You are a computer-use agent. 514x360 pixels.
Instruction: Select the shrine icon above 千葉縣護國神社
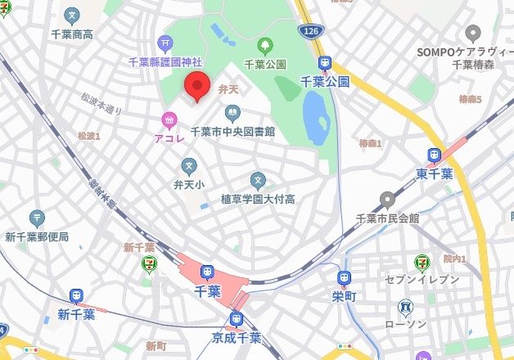click(x=166, y=42)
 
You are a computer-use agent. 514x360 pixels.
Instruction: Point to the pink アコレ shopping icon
click(x=169, y=121)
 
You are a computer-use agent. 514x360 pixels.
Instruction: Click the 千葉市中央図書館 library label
click(x=232, y=131)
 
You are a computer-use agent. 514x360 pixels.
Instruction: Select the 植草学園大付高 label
click(x=258, y=199)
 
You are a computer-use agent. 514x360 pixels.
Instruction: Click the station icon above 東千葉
click(x=434, y=155)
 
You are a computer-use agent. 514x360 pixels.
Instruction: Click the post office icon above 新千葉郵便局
click(x=37, y=218)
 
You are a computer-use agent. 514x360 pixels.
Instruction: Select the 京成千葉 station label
click(x=238, y=337)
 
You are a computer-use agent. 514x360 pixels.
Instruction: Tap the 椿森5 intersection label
click(x=470, y=99)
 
